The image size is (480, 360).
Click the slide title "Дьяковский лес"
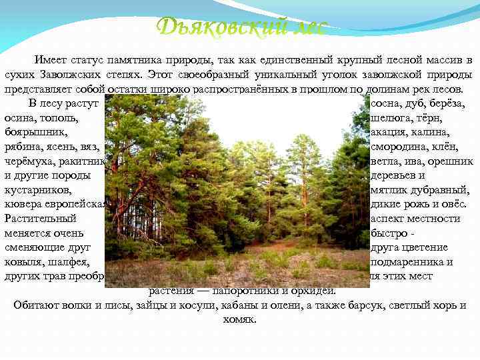(x=241, y=27)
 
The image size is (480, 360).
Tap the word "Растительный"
(x=40, y=219)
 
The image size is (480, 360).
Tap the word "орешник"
(x=450, y=161)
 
